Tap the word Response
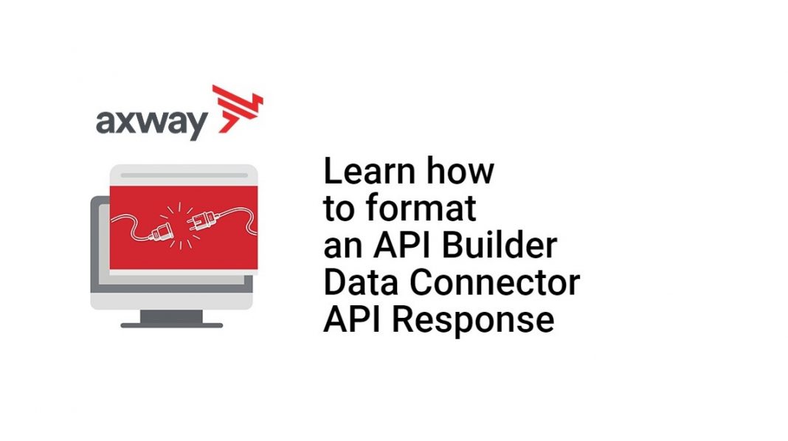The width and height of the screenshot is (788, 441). (478, 321)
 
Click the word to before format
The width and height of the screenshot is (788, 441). (339, 210)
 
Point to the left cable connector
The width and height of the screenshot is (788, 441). (159, 235)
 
